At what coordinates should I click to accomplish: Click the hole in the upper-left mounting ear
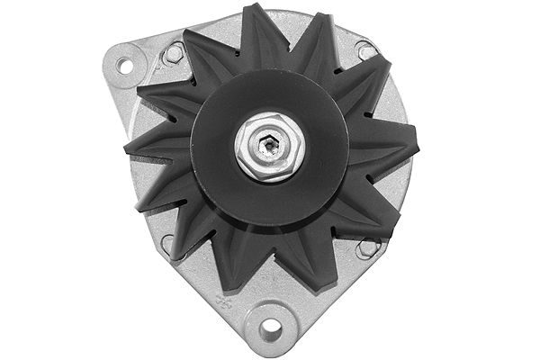click(x=124, y=65)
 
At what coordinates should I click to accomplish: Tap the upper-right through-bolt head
click(x=365, y=51)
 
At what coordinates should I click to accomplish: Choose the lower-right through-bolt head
click(x=366, y=247)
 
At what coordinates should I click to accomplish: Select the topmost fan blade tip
click(x=255, y=11)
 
